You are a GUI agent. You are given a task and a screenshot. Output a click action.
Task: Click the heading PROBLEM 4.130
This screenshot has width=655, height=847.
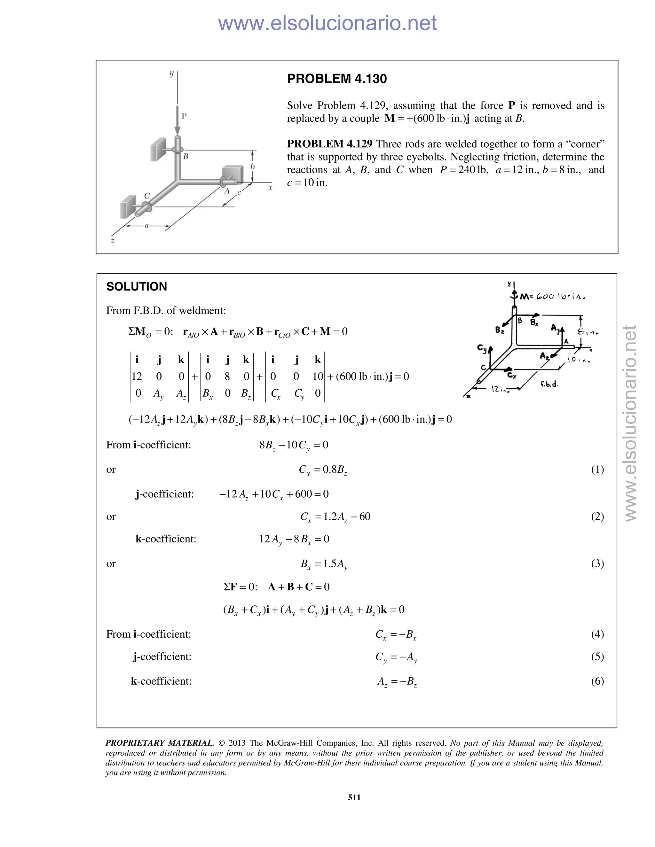336,79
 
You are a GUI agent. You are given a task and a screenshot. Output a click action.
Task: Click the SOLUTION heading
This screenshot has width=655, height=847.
137,287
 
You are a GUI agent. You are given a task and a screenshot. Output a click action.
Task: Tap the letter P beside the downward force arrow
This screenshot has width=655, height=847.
184,116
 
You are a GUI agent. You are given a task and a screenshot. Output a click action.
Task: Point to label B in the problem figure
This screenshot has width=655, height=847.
186,157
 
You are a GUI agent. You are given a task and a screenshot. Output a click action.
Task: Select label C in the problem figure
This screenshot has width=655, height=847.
147,196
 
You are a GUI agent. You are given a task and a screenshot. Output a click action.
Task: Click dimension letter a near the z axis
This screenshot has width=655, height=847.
146,226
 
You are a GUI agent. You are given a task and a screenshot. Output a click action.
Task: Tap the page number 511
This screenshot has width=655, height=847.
354,797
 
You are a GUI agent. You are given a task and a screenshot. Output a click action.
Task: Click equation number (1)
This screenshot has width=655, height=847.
597,469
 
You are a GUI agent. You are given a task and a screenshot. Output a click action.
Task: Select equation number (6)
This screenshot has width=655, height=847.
597,681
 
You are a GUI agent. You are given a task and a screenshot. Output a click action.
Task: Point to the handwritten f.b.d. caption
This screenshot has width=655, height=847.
549,384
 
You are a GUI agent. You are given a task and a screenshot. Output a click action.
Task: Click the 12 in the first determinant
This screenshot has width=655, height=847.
137,376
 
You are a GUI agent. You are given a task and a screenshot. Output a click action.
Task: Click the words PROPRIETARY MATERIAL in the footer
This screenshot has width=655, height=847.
160,743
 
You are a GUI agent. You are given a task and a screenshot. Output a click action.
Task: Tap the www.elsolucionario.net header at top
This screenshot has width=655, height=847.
327,23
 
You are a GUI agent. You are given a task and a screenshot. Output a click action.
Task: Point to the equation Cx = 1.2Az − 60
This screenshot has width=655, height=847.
335,517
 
